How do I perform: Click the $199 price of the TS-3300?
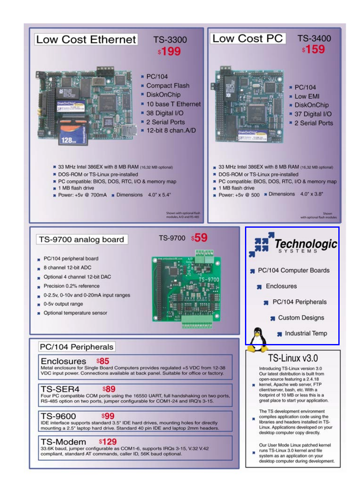(170, 52)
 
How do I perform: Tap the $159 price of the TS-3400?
(313, 50)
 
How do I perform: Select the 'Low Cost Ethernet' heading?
(86, 40)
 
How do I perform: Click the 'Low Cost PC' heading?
(247, 38)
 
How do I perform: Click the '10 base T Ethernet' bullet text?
(173, 104)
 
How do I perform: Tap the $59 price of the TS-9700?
(199, 238)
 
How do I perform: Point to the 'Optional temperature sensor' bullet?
(75, 313)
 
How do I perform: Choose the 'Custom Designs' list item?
(301, 318)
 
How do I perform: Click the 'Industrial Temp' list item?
(306, 333)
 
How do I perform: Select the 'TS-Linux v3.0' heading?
(293, 358)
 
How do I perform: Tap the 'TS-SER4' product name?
(60, 389)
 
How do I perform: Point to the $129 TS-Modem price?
(108, 441)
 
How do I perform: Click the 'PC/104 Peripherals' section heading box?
(76, 347)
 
